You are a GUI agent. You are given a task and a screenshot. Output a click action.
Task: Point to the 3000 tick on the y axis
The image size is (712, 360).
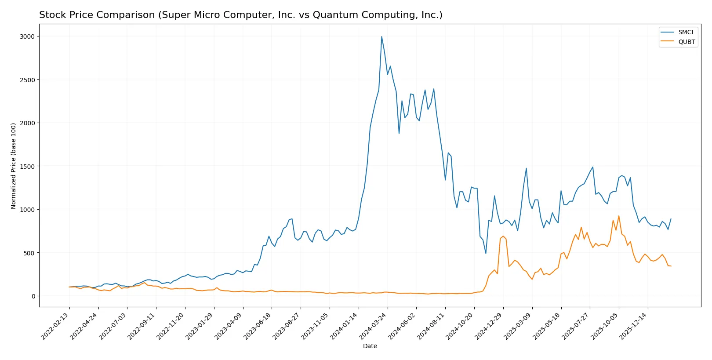pos(27,36)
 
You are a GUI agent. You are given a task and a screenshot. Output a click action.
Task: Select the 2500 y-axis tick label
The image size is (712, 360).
pos(27,80)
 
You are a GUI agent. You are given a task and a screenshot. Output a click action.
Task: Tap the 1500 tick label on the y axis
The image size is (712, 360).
pos(27,166)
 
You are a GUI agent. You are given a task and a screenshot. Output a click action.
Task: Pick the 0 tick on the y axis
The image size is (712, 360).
pos(33,296)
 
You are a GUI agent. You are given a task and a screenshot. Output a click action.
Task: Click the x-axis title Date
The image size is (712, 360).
pos(370,346)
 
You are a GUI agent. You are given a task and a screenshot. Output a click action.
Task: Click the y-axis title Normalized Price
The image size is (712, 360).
pos(13,166)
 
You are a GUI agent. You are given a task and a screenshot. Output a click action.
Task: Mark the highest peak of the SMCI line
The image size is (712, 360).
pos(381,37)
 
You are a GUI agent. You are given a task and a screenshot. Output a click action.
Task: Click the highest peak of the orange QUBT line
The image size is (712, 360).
pos(619,216)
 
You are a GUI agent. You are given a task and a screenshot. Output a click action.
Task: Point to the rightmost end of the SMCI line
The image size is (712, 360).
pos(671,219)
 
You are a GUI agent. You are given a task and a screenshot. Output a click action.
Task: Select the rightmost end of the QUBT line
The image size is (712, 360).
pos(671,266)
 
